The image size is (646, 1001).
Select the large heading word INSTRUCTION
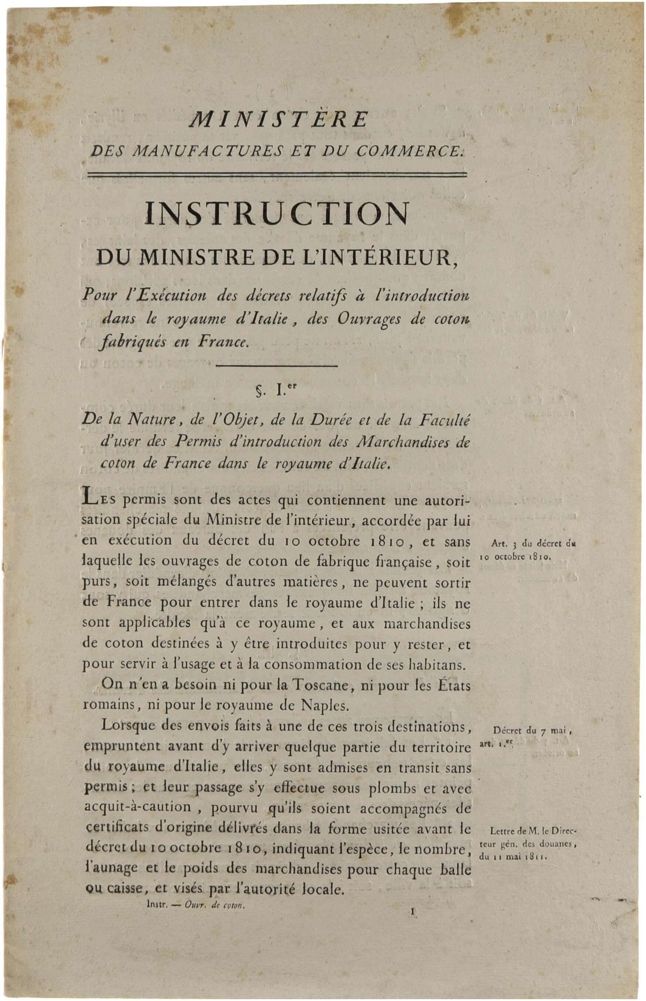276,214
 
